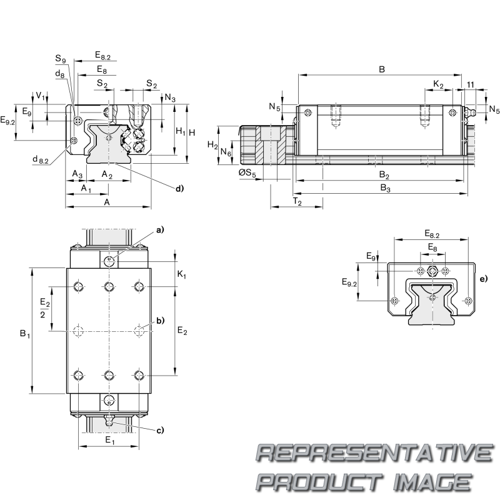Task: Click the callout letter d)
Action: click(x=179, y=188)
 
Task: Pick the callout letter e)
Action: click(x=483, y=279)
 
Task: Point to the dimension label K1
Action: click(x=181, y=274)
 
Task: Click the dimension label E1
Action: click(x=109, y=441)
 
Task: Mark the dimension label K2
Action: click(x=438, y=84)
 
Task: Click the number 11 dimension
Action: click(x=470, y=84)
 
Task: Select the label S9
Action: click(x=60, y=59)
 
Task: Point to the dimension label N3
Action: click(x=170, y=97)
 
